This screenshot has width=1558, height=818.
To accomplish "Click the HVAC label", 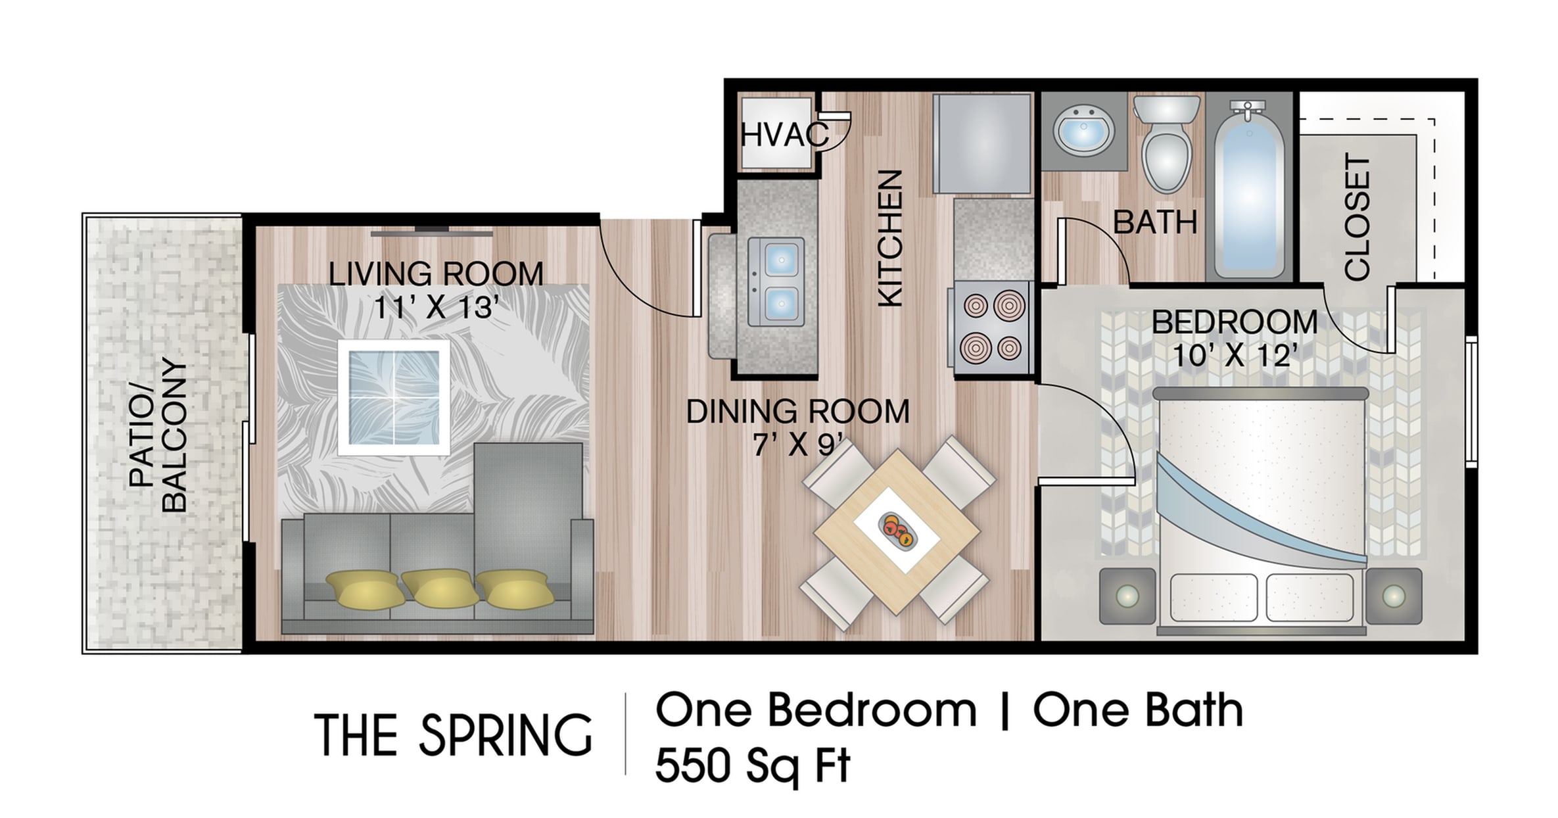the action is point(784,135).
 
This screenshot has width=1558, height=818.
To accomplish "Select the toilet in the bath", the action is point(1168,142).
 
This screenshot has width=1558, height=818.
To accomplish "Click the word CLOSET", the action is point(1357,217).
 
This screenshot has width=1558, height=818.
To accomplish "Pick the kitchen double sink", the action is point(776,282).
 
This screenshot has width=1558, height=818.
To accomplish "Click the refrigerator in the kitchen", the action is point(982,143).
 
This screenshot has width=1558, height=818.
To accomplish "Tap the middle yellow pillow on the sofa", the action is point(440,587).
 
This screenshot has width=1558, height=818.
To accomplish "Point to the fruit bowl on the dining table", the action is point(896,529).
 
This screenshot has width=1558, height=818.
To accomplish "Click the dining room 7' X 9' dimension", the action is point(797,446).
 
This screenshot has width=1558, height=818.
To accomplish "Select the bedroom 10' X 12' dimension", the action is point(1235,356).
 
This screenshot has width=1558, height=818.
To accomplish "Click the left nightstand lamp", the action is point(1127,596).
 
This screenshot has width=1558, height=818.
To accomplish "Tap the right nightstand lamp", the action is point(1394,596).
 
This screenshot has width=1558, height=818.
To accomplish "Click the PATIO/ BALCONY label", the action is point(158,435).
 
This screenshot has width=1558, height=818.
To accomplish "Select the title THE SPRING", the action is point(454,734).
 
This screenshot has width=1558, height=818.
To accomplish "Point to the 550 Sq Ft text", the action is point(753,766).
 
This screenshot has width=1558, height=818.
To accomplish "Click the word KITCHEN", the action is point(890,238).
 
